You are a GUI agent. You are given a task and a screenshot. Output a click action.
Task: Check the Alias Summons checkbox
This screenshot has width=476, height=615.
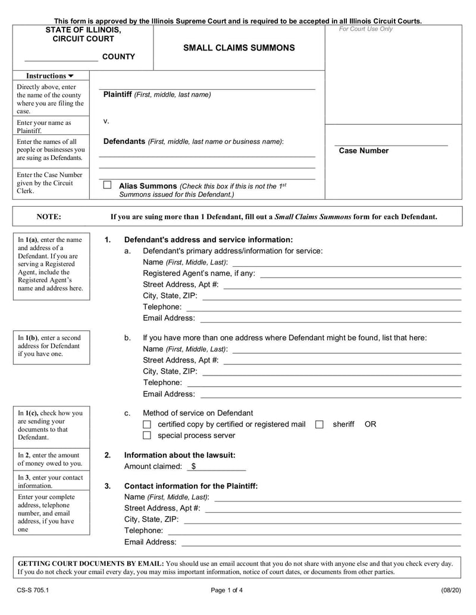(x=107, y=185)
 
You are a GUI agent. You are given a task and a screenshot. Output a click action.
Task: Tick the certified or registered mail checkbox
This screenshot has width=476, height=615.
(x=148, y=424)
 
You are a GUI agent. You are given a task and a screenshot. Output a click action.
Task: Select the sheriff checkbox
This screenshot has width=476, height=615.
(x=320, y=424)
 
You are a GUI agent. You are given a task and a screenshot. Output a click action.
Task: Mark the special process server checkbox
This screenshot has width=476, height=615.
(x=148, y=436)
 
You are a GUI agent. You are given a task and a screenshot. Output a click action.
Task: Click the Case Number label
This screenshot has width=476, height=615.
(x=364, y=151)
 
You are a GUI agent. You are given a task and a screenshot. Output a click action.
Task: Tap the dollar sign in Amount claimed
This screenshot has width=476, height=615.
(x=194, y=466)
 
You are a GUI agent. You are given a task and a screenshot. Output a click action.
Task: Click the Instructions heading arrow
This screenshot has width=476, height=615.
(x=71, y=76)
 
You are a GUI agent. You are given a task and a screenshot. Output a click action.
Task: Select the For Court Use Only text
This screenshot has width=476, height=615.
(x=366, y=29)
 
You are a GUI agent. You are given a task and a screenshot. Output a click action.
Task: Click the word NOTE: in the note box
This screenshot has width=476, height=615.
(x=49, y=217)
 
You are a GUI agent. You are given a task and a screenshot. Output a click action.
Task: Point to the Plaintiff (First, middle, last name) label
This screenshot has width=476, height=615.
(x=157, y=94)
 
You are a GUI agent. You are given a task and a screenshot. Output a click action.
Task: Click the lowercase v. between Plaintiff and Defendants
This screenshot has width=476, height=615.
(x=106, y=121)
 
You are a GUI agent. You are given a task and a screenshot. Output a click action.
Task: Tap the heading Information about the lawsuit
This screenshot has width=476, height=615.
(x=180, y=455)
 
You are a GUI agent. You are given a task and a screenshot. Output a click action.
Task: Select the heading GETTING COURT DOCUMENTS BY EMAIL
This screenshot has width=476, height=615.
(x=90, y=563)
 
